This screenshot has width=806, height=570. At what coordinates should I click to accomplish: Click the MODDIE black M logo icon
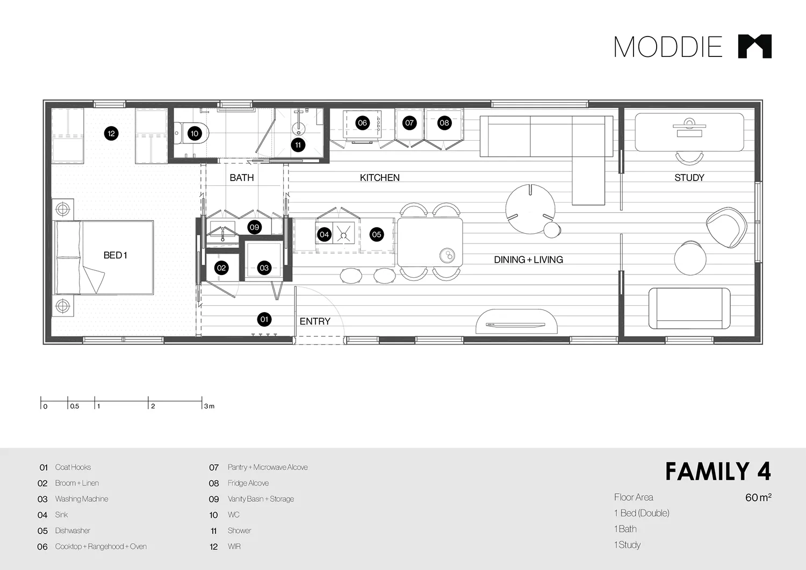[754, 46]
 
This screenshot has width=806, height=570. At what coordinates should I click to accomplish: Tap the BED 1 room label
[115, 255]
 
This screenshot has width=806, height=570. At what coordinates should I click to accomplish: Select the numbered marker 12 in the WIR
[111, 134]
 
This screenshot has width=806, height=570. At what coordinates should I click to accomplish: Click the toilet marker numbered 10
[195, 134]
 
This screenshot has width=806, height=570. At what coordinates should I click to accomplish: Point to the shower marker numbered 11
[298, 145]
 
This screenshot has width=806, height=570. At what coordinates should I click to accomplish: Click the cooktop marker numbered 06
[362, 123]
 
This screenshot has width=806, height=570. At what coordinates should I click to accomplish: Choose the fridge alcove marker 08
[444, 123]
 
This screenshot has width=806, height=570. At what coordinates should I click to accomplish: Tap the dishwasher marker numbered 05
[377, 234]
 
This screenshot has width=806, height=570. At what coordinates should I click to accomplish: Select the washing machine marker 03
[264, 268]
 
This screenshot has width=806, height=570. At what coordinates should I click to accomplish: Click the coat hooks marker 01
[264, 320]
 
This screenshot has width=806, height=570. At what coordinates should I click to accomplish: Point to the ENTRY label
[315, 321]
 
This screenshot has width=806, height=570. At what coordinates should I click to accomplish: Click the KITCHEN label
[379, 178]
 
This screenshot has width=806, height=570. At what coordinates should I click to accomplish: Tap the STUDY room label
[689, 178]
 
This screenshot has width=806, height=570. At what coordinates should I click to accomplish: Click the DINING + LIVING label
[528, 259]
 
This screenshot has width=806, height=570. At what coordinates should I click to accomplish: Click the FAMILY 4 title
[717, 472]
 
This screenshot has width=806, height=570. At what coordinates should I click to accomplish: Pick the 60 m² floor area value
[758, 497]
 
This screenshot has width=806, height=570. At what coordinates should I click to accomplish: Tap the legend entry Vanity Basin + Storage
[261, 499]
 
